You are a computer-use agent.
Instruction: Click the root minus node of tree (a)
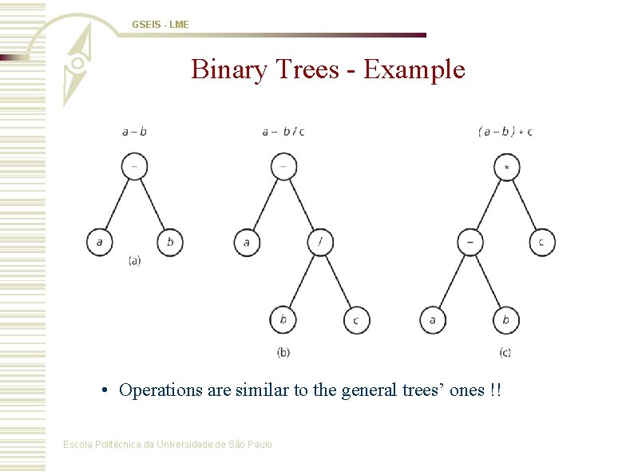[134, 166]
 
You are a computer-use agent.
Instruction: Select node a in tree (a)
[100, 242]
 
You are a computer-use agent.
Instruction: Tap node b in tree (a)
[169, 242]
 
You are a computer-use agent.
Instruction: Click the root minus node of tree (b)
[283, 166]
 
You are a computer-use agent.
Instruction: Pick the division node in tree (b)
[320, 242]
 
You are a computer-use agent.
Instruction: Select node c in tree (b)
[356, 320]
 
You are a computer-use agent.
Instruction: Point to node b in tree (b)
[283, 320]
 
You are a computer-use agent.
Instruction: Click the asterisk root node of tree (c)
[506, 168]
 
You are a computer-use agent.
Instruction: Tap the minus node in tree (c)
[470, 242]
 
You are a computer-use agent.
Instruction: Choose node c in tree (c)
[542, 242]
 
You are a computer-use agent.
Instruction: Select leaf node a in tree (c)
[433, 320]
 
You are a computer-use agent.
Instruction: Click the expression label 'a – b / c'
[283, 132]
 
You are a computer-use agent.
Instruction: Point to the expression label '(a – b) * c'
[505, 132]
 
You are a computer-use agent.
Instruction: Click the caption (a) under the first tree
[134, 261]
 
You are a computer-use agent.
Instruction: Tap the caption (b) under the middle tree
[283, 352]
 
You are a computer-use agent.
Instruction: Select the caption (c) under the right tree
[505, 352]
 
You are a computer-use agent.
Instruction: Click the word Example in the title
[414, 69]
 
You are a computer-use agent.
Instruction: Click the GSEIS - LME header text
[160, 25]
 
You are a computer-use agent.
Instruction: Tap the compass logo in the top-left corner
[78, 63]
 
